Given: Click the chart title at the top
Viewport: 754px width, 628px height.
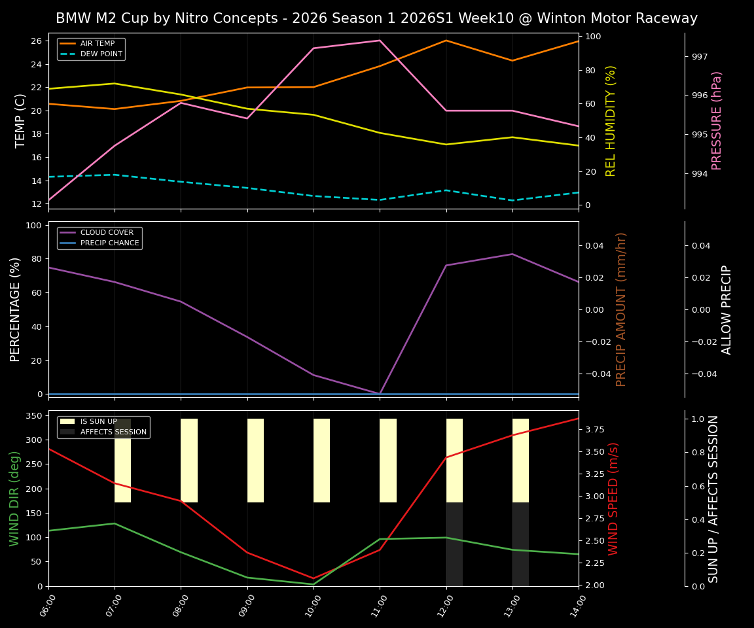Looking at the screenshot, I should (x=376, y=18).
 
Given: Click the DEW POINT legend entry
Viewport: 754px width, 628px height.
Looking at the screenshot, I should (x=101, y=54).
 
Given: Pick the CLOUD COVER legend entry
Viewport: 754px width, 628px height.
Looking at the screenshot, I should (x=107, y=232).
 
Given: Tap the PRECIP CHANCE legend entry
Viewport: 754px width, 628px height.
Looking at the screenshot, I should (x=109, y=243).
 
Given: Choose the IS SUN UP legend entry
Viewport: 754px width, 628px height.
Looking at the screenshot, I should (x=98, y=421).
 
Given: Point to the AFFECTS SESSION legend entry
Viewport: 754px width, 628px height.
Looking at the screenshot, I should (x=113, y=432).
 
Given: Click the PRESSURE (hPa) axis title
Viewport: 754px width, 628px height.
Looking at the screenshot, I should (x=717, y=120).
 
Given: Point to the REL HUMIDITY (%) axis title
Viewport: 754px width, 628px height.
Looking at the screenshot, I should (x=611, y=120).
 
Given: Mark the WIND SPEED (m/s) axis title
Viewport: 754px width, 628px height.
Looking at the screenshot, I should (x=613, y=498).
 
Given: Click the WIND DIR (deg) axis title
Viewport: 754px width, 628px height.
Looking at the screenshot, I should (x=14, y=498).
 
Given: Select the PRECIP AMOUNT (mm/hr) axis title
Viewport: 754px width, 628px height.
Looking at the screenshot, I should (x=621, y=309).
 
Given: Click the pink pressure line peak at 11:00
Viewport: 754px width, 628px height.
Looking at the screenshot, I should (x=380, y=41).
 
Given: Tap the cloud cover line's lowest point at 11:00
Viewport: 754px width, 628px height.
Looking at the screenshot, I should (x=380, y=393).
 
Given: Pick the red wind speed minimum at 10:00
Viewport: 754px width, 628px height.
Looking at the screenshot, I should (x=314, y=578).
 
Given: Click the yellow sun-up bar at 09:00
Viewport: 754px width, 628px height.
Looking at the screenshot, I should (x=255, y=461).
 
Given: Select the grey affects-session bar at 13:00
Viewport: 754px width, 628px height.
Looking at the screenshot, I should (x=520, y=544).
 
